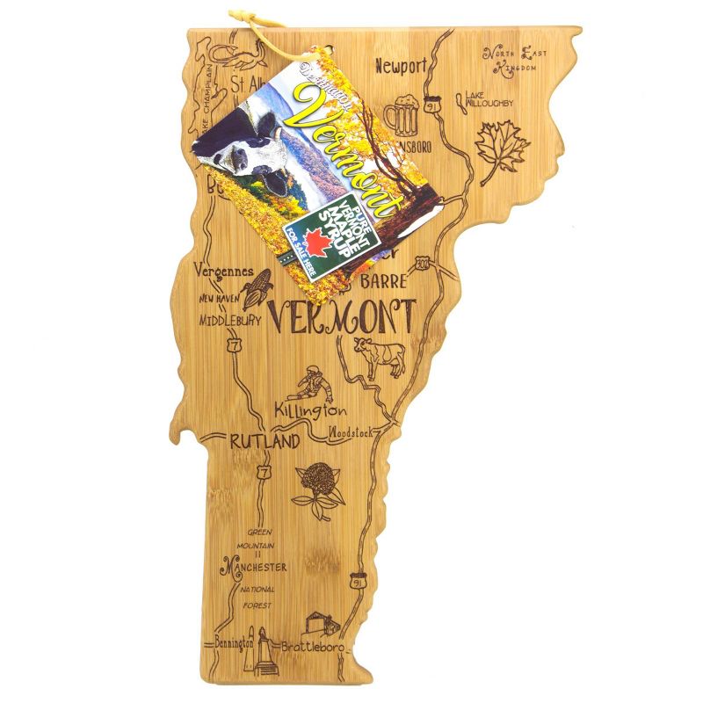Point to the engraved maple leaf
(502, 149)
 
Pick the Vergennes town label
(227, 272)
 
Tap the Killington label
(309, 411)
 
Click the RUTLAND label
(264, 441)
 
